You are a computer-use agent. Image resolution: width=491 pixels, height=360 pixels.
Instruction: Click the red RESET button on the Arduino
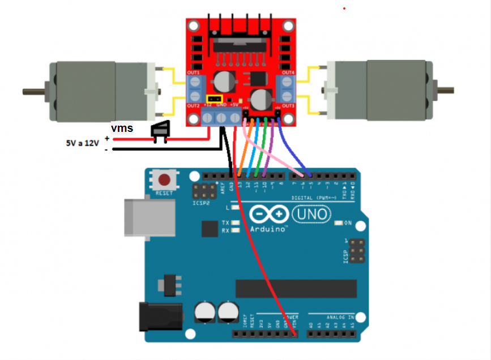pos(164,181)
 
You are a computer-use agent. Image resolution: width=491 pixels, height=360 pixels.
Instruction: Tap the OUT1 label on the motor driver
pos(194,73)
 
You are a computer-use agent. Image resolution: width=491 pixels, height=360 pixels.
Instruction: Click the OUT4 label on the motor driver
pos(288,73)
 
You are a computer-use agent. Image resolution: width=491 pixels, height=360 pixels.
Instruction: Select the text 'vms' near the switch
pos(122,128)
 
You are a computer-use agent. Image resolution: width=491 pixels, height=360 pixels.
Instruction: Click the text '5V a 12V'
pos(82,144)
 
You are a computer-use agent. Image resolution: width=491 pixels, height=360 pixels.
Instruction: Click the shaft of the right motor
pos(445,89)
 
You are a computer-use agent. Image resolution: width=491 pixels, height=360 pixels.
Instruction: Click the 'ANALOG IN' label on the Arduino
pos(340,317)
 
